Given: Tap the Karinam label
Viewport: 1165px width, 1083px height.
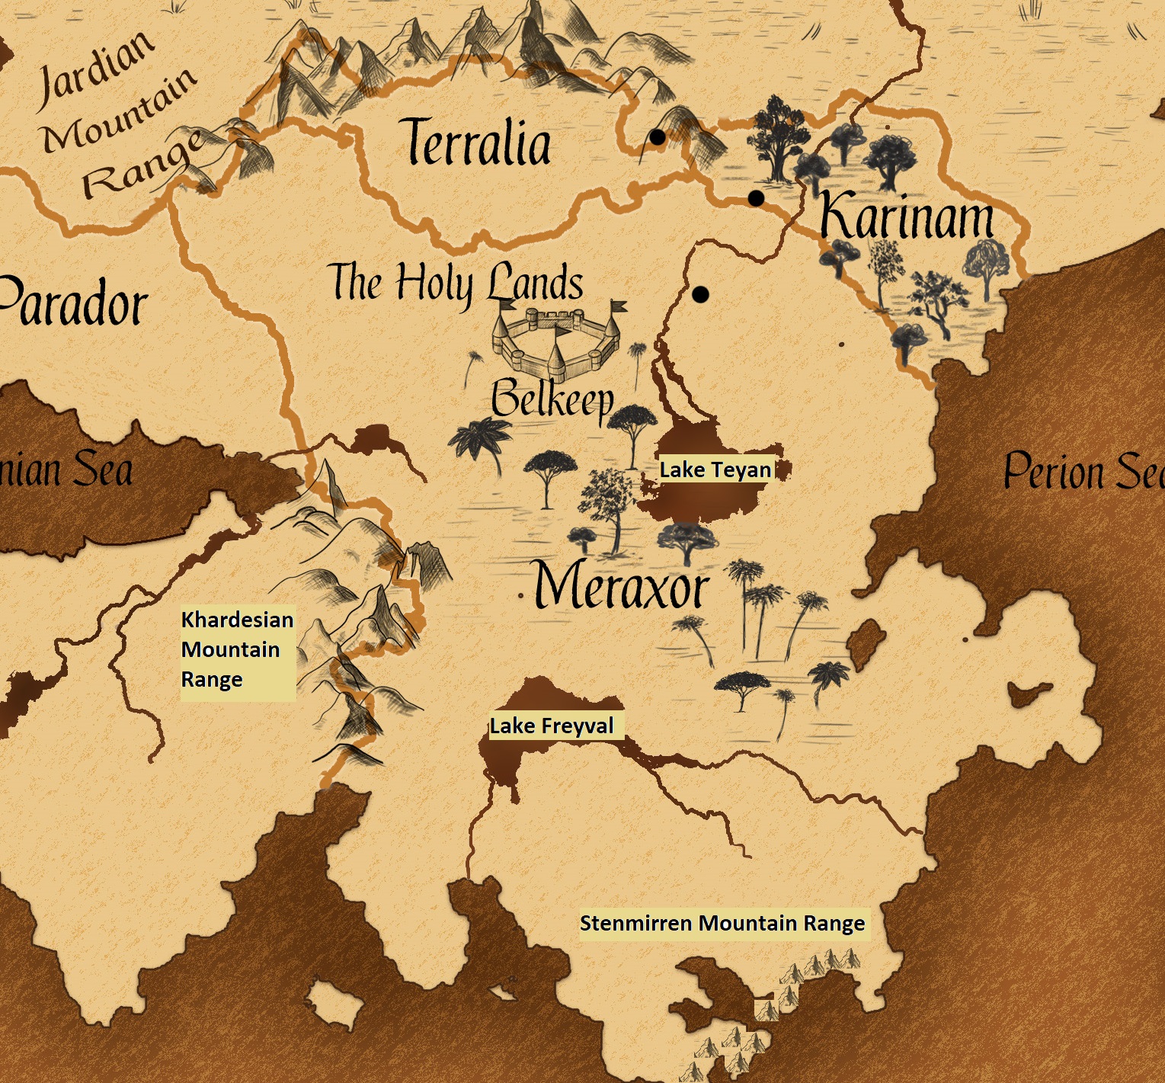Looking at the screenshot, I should (x=907, y=216).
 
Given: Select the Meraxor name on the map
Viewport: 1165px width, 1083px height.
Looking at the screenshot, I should (x=621, y=586).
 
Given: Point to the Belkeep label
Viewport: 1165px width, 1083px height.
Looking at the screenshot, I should (x=552, y=398).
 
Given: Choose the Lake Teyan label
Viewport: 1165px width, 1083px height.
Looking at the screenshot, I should (x=715, y=469).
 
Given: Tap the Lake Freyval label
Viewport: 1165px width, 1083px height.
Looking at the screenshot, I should (x=552, y=726).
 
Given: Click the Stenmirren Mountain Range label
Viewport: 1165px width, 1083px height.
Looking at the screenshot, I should (x=722, y=923).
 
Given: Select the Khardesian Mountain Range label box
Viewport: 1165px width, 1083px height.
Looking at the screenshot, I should (x=237, y=649).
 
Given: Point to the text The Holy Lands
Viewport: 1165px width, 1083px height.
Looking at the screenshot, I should (x=456, y=282).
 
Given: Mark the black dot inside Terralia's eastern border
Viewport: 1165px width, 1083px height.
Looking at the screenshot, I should (x=657, y=137).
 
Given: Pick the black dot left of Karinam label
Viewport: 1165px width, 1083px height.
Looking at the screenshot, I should (x=756, y=198).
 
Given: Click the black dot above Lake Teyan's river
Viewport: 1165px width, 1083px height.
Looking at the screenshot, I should (x=701, y=293).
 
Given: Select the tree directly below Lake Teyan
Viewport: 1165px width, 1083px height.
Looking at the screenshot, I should (x=686, y=540).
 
